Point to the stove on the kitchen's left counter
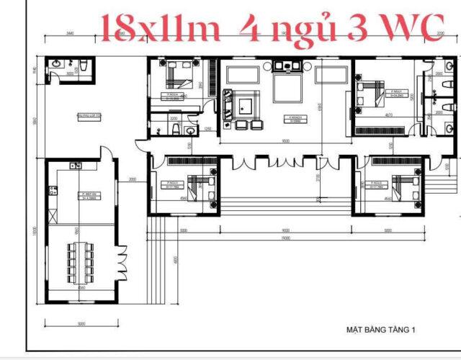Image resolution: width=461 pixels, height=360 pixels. [x=52, y=191]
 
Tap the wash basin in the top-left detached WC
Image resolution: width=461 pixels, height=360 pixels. [x=56, y=66]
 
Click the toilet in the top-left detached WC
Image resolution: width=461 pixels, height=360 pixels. [x=86, y=66]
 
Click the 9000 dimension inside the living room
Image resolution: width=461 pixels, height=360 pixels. [x=285, y=142]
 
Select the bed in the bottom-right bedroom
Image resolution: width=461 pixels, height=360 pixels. [x=404, y=186]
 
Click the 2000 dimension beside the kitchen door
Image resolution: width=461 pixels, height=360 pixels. [x=133, y=179]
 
